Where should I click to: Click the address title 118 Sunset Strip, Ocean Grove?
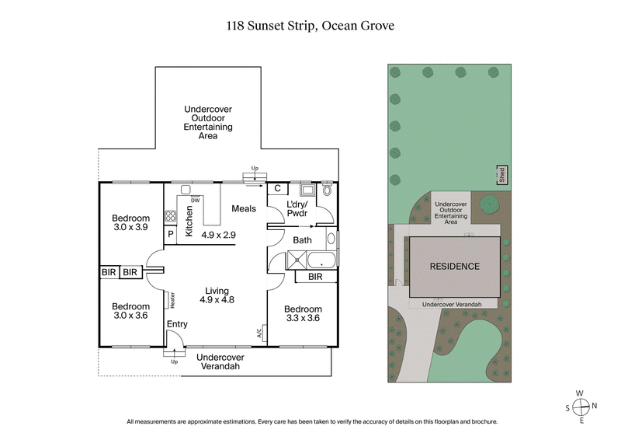(310, 26)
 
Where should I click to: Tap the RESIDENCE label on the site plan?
(455, 267)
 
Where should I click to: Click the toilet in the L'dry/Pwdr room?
(328, 190)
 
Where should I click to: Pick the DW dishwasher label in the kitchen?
(196, 199)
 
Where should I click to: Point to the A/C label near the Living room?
(259, 332)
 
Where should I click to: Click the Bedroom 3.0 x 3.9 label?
(130, 223)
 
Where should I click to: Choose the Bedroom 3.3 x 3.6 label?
(302, 314)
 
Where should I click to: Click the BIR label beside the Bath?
(315, 276)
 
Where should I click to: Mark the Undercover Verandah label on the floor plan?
(220, 362)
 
